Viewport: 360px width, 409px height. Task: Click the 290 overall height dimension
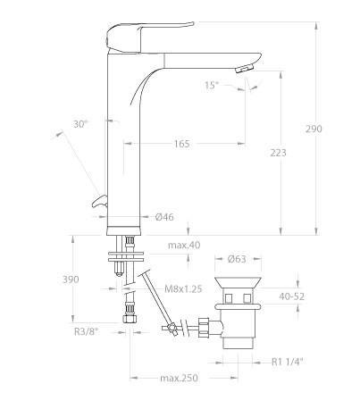314,129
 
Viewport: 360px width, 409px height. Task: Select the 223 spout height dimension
278,153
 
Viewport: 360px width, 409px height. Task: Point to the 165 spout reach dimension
181,144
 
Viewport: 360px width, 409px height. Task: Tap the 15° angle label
212,86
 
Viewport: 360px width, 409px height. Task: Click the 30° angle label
80,124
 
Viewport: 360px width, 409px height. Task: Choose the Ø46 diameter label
164,217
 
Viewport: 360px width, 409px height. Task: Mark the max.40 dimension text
184,246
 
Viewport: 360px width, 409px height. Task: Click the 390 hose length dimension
71,280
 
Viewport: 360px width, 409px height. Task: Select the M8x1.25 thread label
183,288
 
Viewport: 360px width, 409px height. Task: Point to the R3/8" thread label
86,331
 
